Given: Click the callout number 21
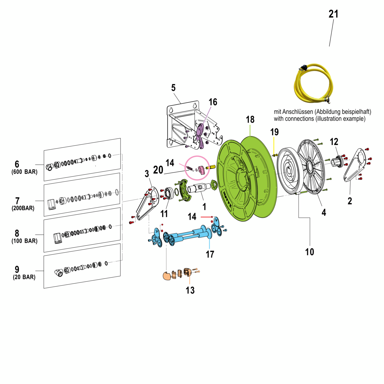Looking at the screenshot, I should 333,14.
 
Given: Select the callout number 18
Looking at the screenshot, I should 250,119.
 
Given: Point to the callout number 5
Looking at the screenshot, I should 173,88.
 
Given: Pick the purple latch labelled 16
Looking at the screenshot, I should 200,135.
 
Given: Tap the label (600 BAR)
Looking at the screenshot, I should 25,172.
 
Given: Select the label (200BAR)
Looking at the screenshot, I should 23,208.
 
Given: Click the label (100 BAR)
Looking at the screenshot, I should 25,241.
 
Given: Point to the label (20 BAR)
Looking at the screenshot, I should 24,277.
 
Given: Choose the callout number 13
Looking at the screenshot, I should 190,290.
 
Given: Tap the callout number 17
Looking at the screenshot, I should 210,254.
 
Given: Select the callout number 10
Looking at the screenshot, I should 310,252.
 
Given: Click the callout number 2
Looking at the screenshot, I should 350,201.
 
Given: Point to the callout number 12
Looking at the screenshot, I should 334,142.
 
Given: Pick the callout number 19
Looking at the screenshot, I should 274,132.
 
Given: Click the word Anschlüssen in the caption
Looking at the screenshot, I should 297,112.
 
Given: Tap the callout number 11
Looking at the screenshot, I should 164,214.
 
